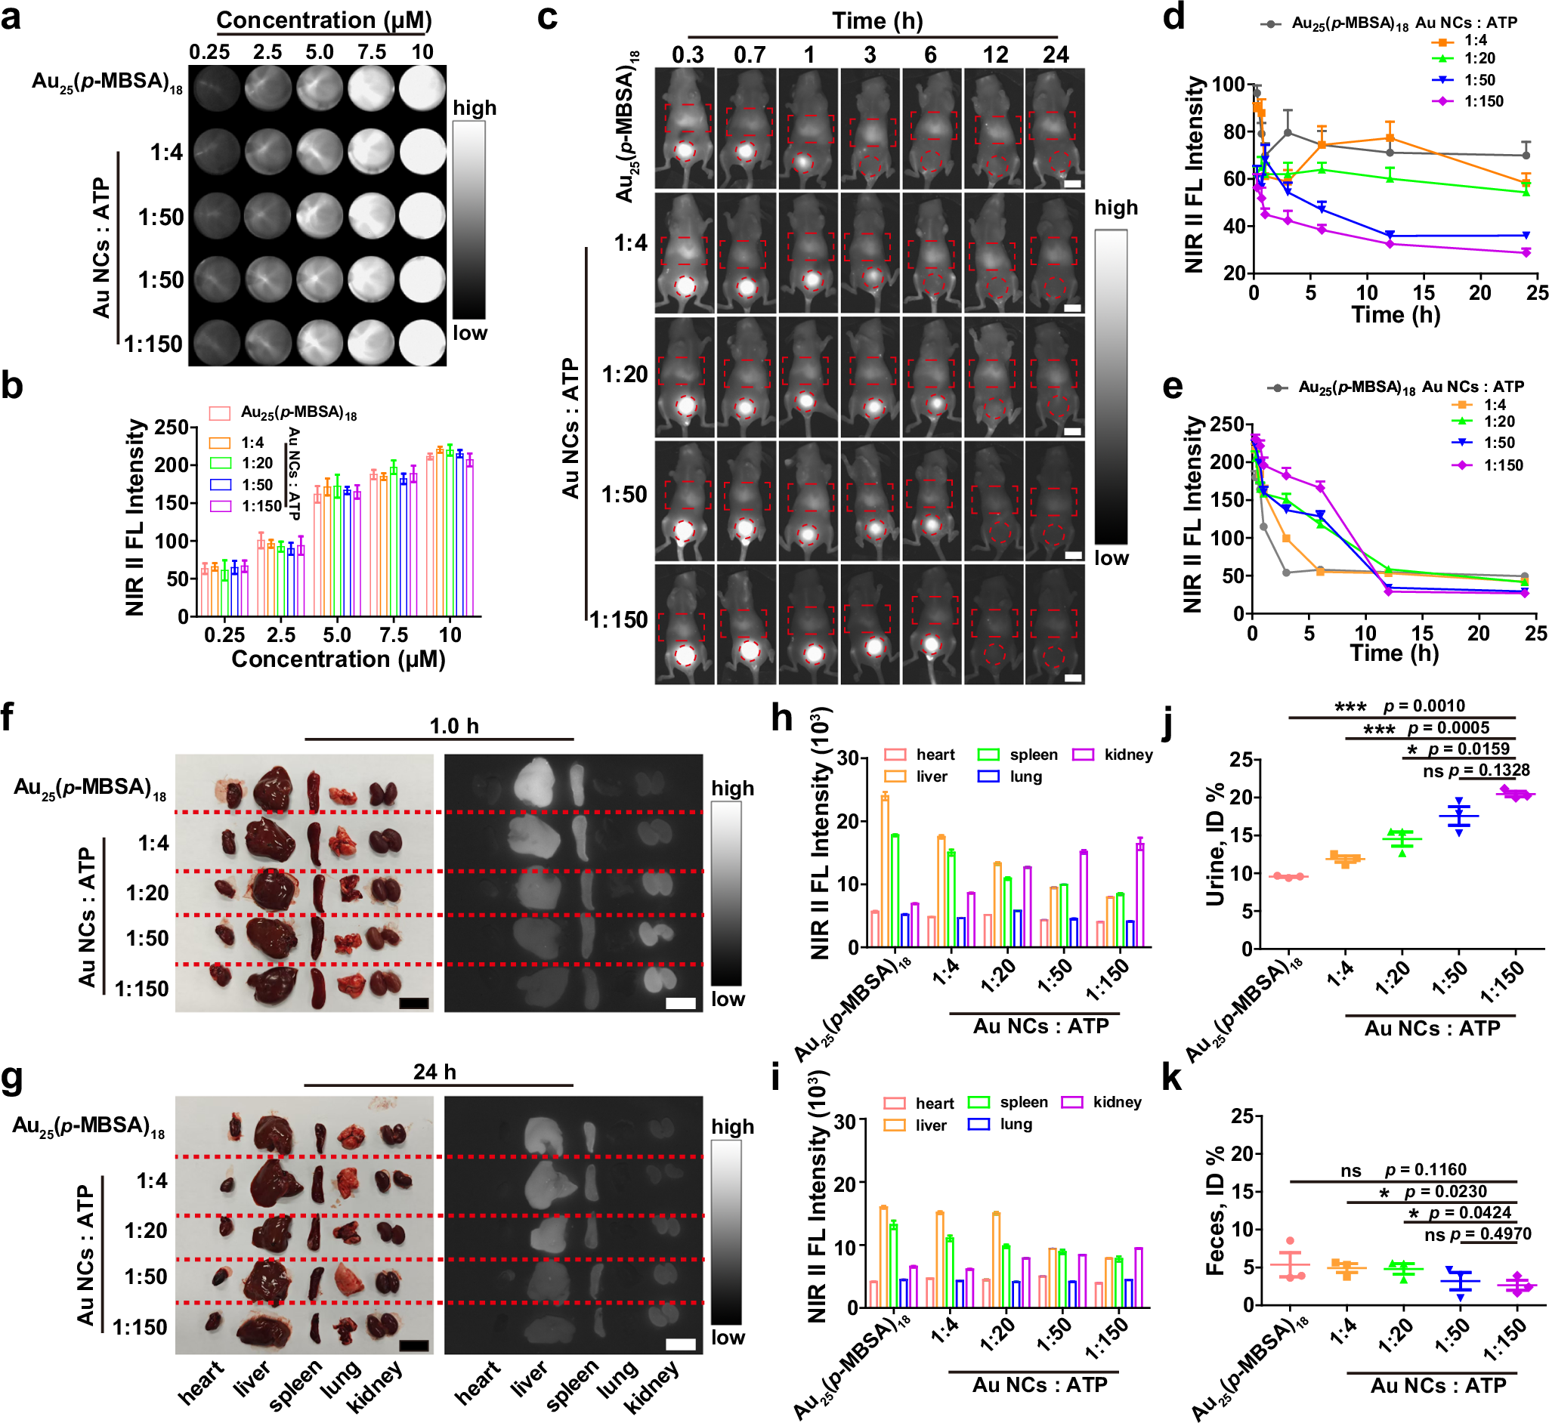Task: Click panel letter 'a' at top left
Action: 11,16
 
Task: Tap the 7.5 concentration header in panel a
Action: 371,52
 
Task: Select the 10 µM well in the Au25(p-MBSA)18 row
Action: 422,87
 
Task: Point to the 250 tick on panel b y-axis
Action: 172,428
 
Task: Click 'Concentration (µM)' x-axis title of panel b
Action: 339,659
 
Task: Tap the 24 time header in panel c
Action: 1056,54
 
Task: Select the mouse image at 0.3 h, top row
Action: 685,128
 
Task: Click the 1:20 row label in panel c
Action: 626,375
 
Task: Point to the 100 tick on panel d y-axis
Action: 1229,84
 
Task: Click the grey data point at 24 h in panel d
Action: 1525,156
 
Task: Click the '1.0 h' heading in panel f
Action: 453,726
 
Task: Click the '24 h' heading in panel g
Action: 434,1072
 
